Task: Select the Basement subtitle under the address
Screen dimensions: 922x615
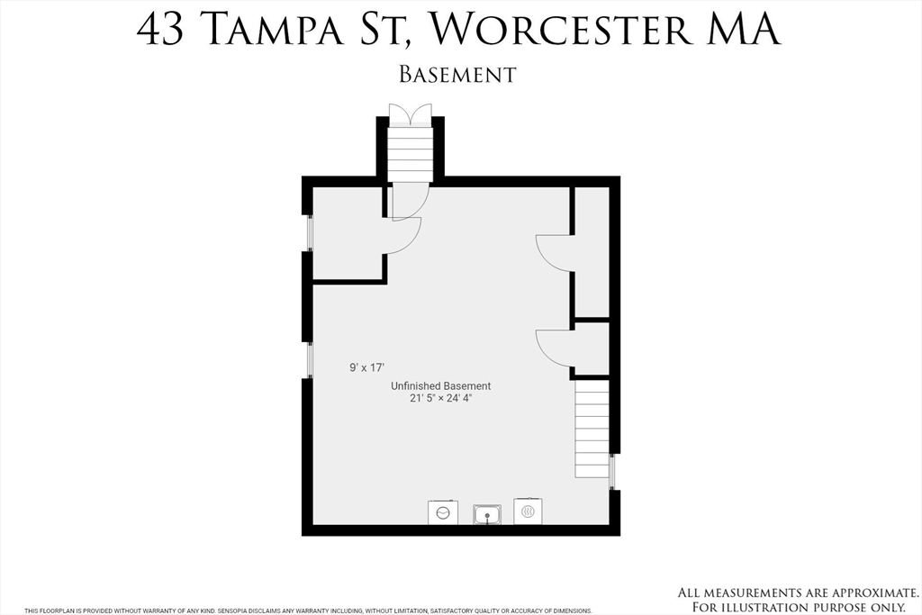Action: (x=457, y=75)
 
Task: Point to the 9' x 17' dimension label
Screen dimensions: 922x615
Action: (x=367, y=367)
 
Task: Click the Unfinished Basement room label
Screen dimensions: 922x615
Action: (x=441, y=385)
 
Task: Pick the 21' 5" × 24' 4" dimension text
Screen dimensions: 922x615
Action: (x=441, y=398)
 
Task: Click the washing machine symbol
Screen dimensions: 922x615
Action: (x=443, y=512)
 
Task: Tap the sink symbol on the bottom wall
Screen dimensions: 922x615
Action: (x=487, y=514)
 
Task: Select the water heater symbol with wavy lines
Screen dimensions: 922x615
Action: (x=528, y=511)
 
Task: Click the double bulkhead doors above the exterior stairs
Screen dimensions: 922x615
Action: (x=411, y=113)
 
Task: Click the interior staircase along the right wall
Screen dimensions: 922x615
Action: (x=592, y=429)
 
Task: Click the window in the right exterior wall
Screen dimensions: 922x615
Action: (x=612, y=472)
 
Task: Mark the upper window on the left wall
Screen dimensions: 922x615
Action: (x=308, y=233)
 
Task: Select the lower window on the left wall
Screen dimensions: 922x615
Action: (x=308, y=360)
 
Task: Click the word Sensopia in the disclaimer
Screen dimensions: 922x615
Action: (x=233, y=610)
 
